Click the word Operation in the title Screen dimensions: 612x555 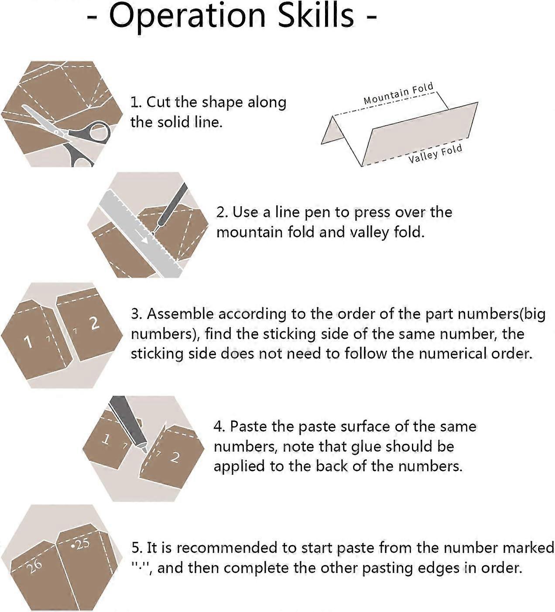point(188,16)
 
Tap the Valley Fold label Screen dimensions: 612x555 point(435,154)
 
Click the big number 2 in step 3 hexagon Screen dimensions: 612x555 point(94,323)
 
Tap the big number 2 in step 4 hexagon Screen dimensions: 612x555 point(175,457)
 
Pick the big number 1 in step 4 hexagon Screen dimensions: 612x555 point(105,439)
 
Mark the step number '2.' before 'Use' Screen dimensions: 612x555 point(222,212)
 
